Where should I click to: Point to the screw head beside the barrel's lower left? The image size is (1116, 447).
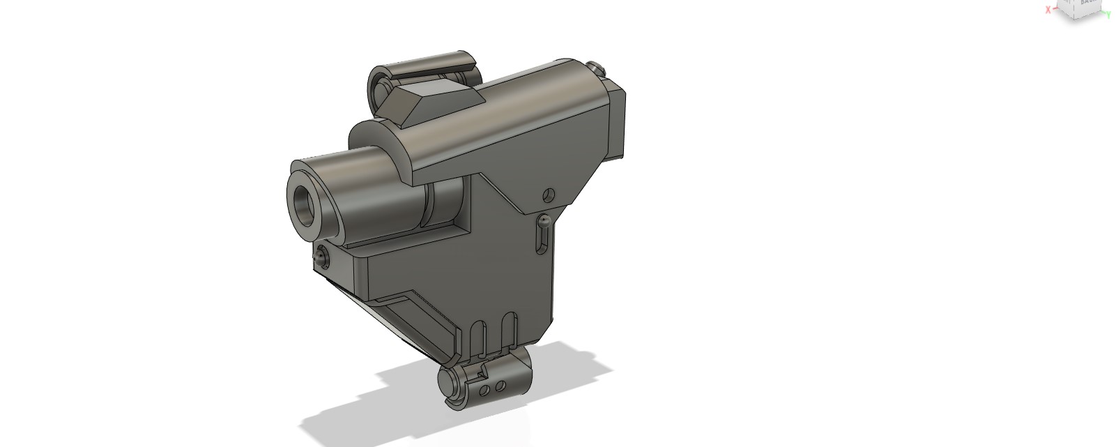click(x=321, y=255)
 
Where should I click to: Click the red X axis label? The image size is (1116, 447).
click(x=1047, y=10)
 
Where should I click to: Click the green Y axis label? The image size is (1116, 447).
click(x=1108, y=14)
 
